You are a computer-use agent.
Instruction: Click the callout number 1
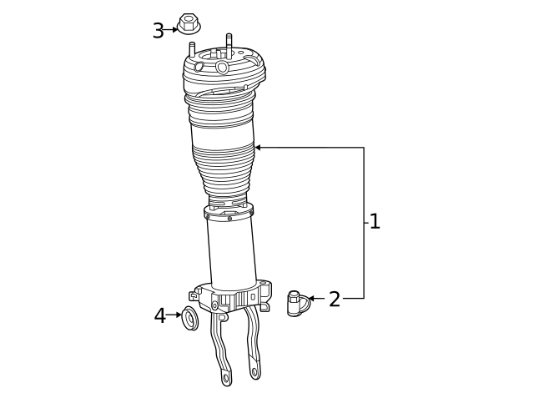click(x=375, y=222)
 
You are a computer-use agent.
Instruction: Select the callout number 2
click(x=334, y=300)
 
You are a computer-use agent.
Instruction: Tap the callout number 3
click(x=158, y=31)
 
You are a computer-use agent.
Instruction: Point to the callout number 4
click(x=159, y=316)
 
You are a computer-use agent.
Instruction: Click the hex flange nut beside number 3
click(x=189, y=25)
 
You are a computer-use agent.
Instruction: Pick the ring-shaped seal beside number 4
click(x=191, y=317)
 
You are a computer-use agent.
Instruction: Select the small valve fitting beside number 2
click(x=295, y=302)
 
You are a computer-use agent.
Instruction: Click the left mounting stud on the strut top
click(x=192, y=49)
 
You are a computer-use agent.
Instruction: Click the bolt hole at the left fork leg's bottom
click(x=226, y=378)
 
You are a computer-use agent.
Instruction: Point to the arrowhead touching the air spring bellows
click(x=258, y=148)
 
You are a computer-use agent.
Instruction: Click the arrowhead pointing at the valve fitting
click(x=311, y=298)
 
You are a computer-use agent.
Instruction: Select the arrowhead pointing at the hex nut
click(x=175, y=29)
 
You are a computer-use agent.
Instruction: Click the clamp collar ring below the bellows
click(x=229, y=213)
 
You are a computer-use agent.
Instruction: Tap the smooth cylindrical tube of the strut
click(x=232, y=254)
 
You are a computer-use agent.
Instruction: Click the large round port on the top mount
click(x=222, y=68)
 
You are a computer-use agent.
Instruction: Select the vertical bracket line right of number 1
click(x=364, y=223)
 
